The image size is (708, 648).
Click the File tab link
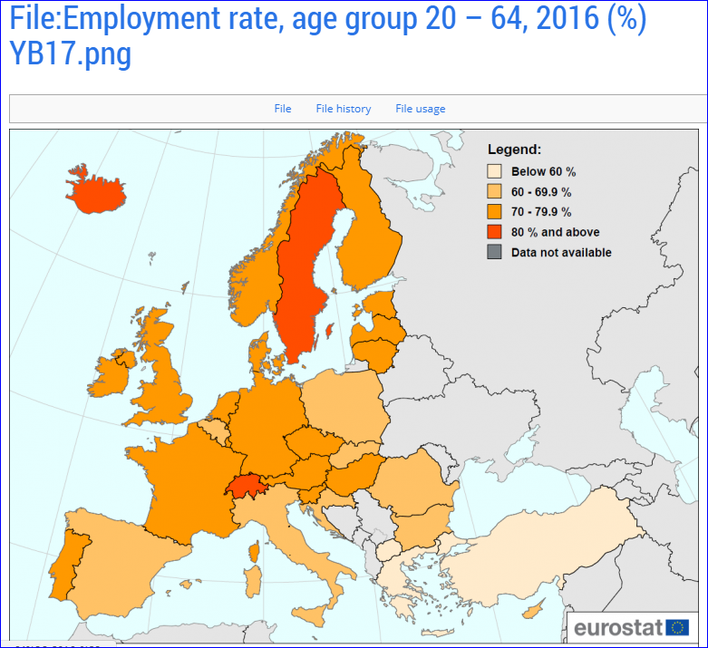pyautogui.click(x=283, y=109)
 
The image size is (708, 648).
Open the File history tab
pyautogui.click(x=344, y=109)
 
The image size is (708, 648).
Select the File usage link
pyautogui.click(x=421, y=109)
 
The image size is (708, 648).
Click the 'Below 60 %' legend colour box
pyautogui.click(x=495, y=171)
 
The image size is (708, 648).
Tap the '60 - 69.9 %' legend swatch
pyautogui.click(x=495, y=192)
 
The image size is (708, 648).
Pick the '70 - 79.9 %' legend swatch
pyautogui.click(x=495, y=212)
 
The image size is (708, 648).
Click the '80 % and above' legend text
pyautogui.click(x=555, y=232)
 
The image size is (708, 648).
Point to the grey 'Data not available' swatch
pyautogui.click(x=495, y=252)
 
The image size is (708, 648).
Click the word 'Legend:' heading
pyautogui.click(x=514, y=150)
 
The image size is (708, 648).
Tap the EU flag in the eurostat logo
pyautogui.click(x=677, y=627)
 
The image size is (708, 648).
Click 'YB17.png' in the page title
pyautogui.click(x=71, y=54)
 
